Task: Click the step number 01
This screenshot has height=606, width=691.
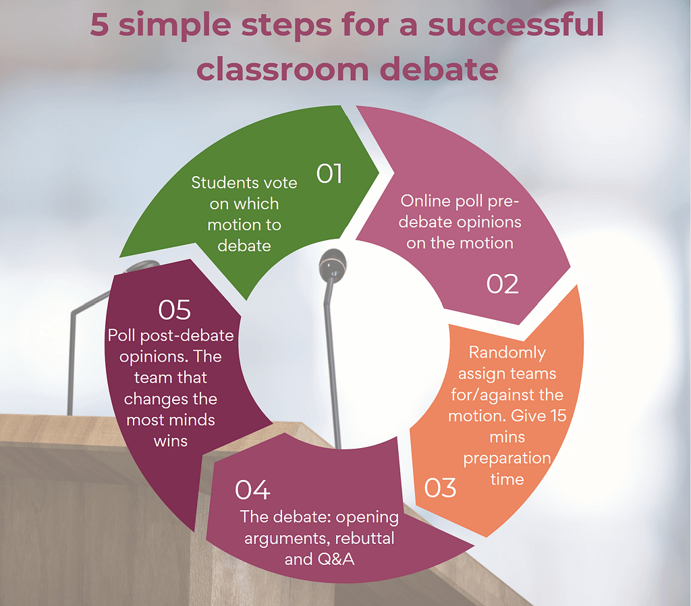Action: [329, 173]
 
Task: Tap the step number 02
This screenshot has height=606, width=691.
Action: [502, 284]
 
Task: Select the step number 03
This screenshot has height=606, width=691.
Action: [440, 488]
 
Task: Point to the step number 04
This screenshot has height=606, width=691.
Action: [252, 490]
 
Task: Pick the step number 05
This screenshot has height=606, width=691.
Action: [175, 310]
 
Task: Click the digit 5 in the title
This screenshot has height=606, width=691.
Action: [100, 25]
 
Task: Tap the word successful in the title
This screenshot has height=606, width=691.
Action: [516, 24]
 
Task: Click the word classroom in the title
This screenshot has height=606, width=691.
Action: [283, 70]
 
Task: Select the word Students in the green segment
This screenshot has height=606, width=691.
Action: [225, 182]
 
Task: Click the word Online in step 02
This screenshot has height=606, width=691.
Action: [425, 201]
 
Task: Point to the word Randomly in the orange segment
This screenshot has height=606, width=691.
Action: [507, 352]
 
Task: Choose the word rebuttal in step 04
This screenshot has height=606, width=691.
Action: [364, 538]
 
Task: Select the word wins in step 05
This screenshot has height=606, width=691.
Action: [171, 441]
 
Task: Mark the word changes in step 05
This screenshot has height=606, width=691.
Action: [153, 400]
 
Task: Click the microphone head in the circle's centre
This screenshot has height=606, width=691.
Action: [332, 264]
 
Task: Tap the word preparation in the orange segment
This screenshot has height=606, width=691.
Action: [507, 459]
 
